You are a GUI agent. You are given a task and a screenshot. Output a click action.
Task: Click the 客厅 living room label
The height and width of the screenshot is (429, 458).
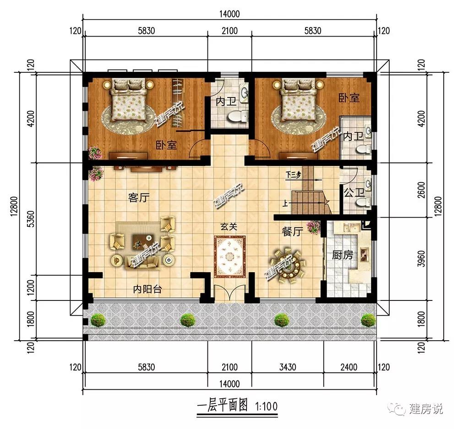[139, 198]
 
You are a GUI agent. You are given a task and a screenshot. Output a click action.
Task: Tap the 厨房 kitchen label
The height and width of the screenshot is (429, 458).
[342, 255]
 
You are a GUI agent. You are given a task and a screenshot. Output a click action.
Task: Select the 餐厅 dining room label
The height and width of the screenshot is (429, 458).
[292, 232]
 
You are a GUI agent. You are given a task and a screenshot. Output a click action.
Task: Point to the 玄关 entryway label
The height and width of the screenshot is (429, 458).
[229, 226]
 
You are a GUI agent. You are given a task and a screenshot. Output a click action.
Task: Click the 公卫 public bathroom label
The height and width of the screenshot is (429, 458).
[354, 193]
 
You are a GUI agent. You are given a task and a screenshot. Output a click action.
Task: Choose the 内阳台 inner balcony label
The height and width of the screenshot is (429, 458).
[147, 290]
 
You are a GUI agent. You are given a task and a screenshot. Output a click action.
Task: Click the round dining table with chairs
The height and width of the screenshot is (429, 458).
[288, 266]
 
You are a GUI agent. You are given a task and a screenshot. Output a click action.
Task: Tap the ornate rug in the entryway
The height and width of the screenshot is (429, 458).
[230, 257]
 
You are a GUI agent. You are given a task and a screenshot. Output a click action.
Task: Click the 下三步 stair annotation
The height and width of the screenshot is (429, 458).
[293, 175]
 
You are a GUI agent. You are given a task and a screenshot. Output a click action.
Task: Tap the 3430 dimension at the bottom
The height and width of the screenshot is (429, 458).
[288, 367]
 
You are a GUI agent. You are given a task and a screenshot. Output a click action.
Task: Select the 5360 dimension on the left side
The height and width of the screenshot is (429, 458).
[32, 219]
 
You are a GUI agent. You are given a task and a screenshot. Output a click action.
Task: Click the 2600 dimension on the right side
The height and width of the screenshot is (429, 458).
[421, 190]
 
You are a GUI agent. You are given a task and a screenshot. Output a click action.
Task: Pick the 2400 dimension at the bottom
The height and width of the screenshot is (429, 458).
[349, 367]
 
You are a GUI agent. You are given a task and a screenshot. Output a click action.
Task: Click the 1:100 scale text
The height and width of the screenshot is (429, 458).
[266, 406]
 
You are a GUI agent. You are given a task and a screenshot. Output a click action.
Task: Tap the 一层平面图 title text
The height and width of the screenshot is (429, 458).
[223, 406]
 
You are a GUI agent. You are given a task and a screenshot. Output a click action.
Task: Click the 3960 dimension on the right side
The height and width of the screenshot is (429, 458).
[421, 259]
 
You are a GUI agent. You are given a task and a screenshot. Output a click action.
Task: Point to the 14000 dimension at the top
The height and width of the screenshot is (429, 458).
[229, 14]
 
